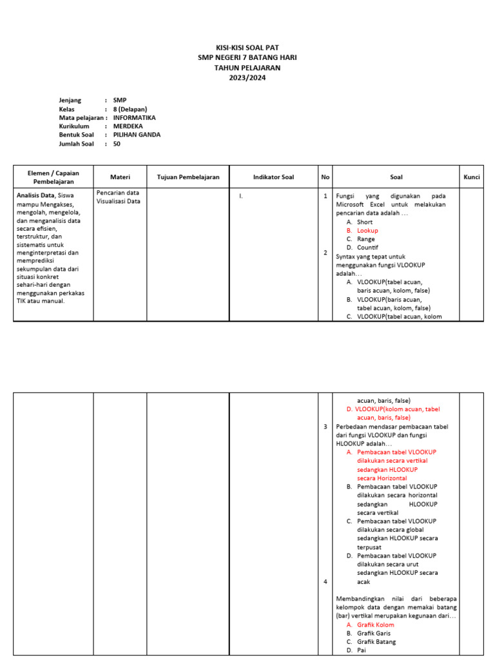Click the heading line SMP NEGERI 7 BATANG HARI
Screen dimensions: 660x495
247,58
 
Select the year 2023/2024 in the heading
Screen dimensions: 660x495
247,77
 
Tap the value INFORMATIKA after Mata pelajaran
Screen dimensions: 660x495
134,118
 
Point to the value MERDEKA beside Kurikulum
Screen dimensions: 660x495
128,126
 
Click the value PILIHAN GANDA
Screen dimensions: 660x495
137,135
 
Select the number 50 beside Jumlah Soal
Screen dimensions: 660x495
117,144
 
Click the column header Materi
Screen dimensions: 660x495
120,177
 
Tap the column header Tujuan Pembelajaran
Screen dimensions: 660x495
188,177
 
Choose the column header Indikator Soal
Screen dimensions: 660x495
273,177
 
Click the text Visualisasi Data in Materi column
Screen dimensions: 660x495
118,201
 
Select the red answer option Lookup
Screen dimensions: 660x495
367,230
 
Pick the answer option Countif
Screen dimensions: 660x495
367,247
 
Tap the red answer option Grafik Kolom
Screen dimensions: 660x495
375,625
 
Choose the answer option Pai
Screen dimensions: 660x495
361,650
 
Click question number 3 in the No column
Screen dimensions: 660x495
325,427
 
